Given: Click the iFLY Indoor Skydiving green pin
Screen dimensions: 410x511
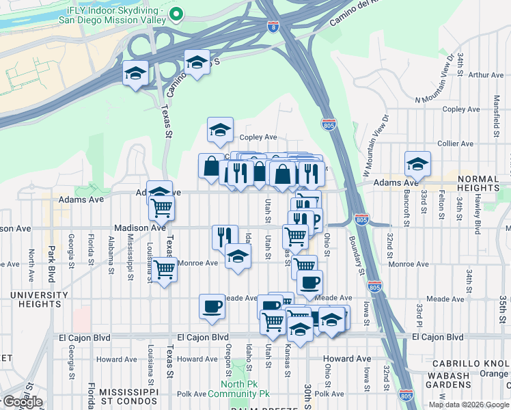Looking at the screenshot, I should pyautogui.click(x=176, y=13).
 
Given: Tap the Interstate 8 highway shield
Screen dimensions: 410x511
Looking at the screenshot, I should pyautogui.click(x=273, y=26).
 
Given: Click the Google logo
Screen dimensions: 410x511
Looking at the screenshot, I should pyautogui.click(x=22, y=402).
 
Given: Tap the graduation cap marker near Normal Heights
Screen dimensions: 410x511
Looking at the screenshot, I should pyautogui.click(x=417, y=164).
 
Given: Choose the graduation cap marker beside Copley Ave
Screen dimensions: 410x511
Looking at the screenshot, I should pyautogui.click(x=220, y=130).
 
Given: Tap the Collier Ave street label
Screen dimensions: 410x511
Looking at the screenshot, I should pyautogui.click(x=456, y=143).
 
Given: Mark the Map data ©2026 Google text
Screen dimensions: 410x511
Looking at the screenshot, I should pyautogui.click(x=469, y=405).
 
